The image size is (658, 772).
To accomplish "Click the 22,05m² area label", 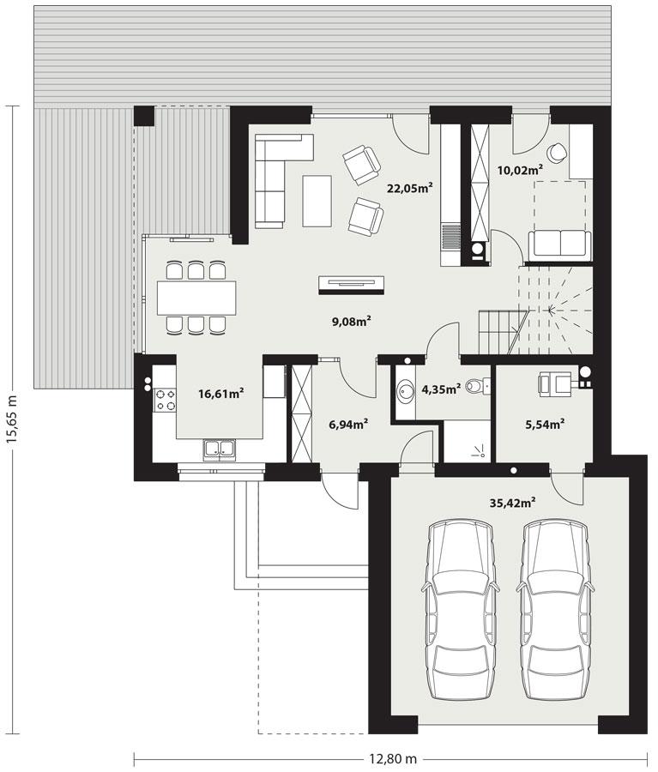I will (409, 189).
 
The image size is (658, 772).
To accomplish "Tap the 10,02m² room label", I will (520, 169).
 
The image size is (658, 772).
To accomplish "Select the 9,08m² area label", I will (351, 322).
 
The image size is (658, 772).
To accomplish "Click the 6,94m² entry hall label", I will (348, 423).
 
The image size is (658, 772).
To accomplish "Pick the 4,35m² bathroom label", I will (441, 388).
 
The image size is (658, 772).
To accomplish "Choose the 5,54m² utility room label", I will (544, 423).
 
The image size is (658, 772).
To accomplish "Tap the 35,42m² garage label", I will (512, 504).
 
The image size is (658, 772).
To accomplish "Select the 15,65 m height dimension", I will (12, 419).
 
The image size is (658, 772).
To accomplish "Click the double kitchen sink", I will (219, 448).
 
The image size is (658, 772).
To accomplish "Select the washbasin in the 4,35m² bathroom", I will (405, 392).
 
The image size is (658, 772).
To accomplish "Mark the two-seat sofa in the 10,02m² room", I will (559, 244).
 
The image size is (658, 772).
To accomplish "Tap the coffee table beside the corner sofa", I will (317, 200).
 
